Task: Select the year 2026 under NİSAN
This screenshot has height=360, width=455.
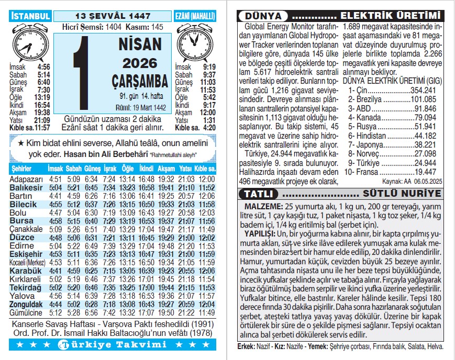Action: [x=137, y=63]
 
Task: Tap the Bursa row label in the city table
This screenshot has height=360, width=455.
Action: [x=21, y=221]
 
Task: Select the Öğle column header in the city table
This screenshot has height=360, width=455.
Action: [x=128, y=170]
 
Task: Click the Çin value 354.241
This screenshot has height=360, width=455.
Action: [x=425, y=90]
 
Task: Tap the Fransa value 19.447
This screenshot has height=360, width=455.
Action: [x=425, y=171]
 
